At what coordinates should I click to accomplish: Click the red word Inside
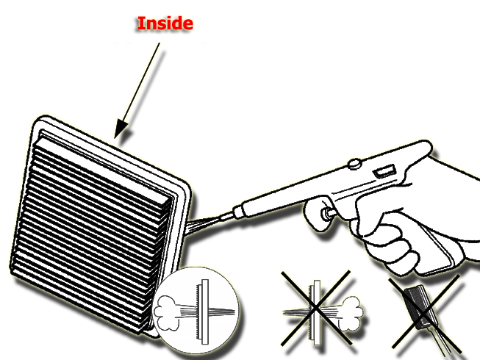[165, 24]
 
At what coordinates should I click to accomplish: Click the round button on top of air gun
[354, 163]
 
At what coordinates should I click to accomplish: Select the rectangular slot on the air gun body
[384, 170]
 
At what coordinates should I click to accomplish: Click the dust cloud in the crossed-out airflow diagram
[352, 314]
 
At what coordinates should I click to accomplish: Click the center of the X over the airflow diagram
[315, 309]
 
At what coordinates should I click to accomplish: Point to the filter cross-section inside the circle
[202, 312]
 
